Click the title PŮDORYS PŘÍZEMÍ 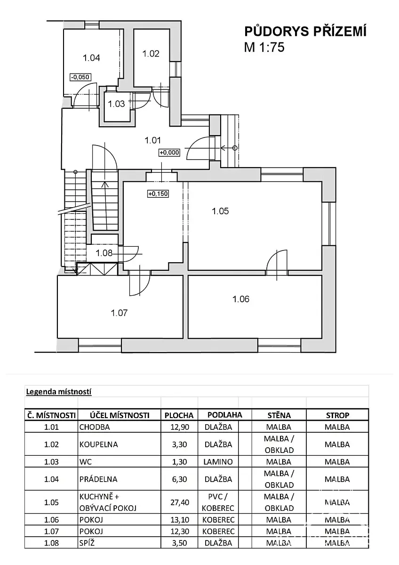click(x=305, y=32)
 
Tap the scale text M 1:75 click(x=264, y=47)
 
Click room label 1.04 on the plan click(x=91, y=58)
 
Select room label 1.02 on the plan click(x=151, y=54)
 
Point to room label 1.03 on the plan click(x=116, y=104)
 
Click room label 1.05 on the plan click(x=220, y=211)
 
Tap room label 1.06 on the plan click(x=241, y=299)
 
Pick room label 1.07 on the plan click(x=120, y=313)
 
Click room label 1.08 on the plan click(x=104, y=253)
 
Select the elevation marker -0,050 click(x=80, y=77)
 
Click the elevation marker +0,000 click(x=169, y=153)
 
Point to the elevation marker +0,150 click(x=158, y=194)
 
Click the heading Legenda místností click(x=58, y=391)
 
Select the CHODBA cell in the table click(x=95, y=427)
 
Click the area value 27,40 click(x=179, y=502)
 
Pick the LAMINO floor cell click(x=218, y=462)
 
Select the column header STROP click(x=337, y=415)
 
